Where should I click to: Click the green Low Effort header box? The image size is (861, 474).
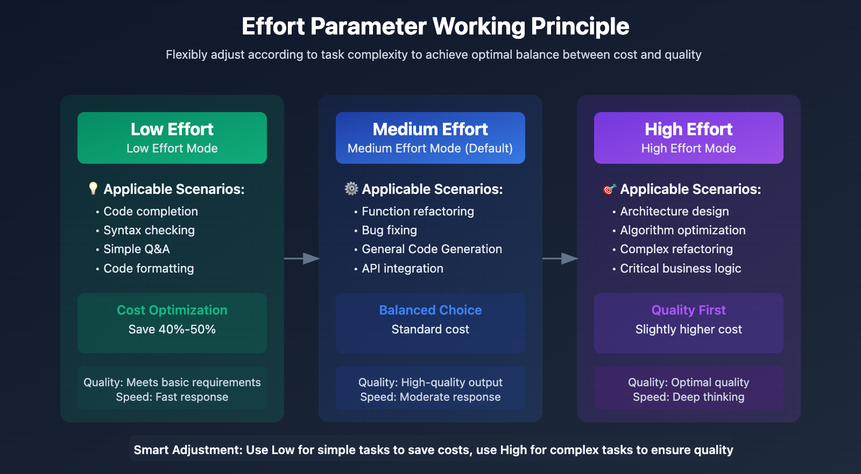click(172, 137)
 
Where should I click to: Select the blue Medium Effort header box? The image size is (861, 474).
click(430, 137)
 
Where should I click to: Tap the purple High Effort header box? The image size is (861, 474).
click(689, 137)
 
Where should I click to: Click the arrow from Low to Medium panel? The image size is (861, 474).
click(302, 259)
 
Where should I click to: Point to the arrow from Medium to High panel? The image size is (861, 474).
click(560, 259)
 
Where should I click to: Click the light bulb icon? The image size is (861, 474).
click(93, 189)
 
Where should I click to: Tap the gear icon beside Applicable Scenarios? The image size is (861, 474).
click(351, 189)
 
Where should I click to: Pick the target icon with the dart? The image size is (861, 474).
click(609, 189)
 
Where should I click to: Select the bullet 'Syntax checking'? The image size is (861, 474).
click(149, 230)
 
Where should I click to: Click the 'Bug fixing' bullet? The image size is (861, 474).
click(389, 230)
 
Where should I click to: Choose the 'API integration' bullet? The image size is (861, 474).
click(403, 268)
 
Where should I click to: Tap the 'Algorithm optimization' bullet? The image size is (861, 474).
click(682, 230)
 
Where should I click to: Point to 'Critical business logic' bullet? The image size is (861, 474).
click(680, 268)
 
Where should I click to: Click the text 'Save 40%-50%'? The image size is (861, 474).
click(172, 329)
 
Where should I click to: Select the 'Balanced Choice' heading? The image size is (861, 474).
click(430, 310)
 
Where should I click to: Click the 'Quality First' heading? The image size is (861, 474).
click(689, 310)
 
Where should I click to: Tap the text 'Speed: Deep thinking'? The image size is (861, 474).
click(689, 397)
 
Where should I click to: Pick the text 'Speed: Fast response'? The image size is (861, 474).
click(172, 397)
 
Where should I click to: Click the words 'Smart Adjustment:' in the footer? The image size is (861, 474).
click(188, 450)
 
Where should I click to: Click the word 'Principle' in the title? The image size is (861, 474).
click(580, 26)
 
